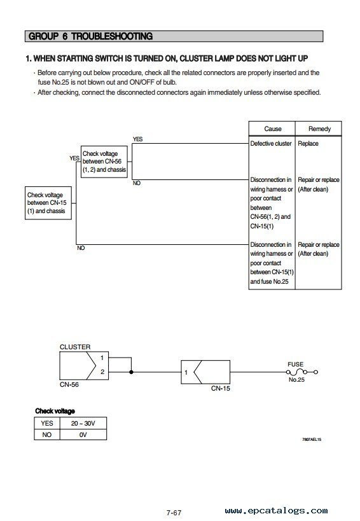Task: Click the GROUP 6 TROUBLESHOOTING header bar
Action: [174, 36]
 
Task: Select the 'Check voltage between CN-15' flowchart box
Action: [48, 203]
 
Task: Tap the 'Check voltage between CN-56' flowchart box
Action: [104, 162]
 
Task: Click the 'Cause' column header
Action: [272, 129]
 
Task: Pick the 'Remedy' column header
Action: [319, 129]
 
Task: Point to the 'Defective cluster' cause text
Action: [271, 144]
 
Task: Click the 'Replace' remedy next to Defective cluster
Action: [308, 144]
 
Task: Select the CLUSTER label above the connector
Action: [75, 347]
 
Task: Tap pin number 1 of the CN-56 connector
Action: [102, 358]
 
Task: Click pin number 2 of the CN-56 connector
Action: [102, 372]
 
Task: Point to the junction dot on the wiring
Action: [131, 372]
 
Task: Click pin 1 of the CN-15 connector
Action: [186, 373]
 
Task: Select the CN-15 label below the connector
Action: [221, 388]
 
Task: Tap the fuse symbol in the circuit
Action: [302, 372]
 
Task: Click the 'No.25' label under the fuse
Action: [296, 379]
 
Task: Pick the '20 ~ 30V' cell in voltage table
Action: [83, 423]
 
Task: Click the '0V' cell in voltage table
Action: [83, 434]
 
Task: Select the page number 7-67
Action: [174, 513]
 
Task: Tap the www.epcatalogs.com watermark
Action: [276, 511]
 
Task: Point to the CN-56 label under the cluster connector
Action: [69, 384]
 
